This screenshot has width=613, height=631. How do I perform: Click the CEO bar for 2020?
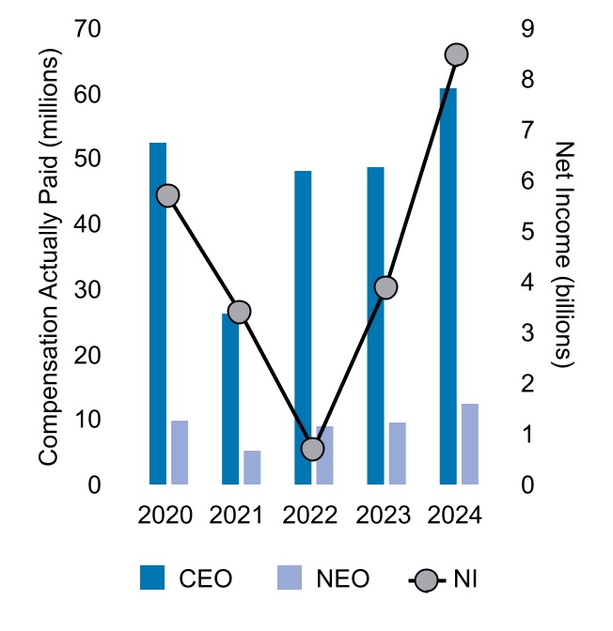158,314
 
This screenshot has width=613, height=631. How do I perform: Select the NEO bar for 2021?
252,468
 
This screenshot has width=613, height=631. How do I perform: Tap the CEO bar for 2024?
448,286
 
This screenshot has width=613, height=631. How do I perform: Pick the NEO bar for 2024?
470,444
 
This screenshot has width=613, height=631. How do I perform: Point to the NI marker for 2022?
313,449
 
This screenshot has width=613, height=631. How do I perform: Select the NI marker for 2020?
168,195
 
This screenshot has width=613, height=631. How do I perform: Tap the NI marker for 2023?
385,287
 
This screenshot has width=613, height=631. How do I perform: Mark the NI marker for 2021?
241,313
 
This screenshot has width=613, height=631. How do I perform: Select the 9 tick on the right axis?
527,29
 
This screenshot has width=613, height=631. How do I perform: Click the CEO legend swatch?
152,577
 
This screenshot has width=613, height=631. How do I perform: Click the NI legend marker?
428,577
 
